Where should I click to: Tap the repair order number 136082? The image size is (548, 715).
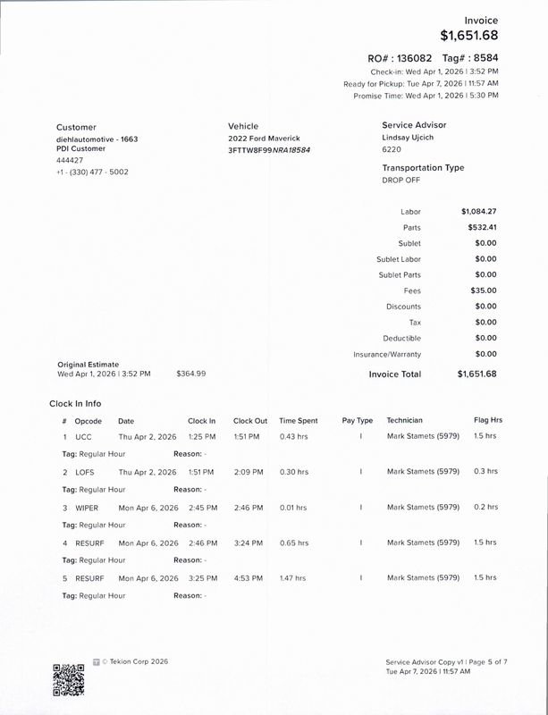click(415, 57)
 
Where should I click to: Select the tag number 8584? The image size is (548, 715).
click(484, 57)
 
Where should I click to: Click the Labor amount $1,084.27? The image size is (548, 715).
click(478, 212)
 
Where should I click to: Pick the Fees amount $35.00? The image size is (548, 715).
click(484, 290)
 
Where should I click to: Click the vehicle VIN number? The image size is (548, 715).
click(269, 150)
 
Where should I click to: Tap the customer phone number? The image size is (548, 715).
click(92, 172)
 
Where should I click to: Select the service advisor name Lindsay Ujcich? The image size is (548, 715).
click(414, 139)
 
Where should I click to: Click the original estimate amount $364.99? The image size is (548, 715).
click(191, 373)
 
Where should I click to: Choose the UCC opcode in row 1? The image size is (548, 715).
click(83, 436)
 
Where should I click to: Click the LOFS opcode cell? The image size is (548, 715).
click(85, 472)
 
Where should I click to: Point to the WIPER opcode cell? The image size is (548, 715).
click(87, 508)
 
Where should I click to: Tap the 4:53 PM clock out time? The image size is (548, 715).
click(248, 578)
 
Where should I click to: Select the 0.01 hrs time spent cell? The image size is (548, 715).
click(292, 508)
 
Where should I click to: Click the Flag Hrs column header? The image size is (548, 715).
click(488, 420)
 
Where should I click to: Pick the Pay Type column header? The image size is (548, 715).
click(358, 420)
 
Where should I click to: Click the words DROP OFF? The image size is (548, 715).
click(400, 180)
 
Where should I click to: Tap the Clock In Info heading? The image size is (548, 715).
click(75, 404)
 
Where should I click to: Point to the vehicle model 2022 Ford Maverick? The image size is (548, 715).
click(264, 139)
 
